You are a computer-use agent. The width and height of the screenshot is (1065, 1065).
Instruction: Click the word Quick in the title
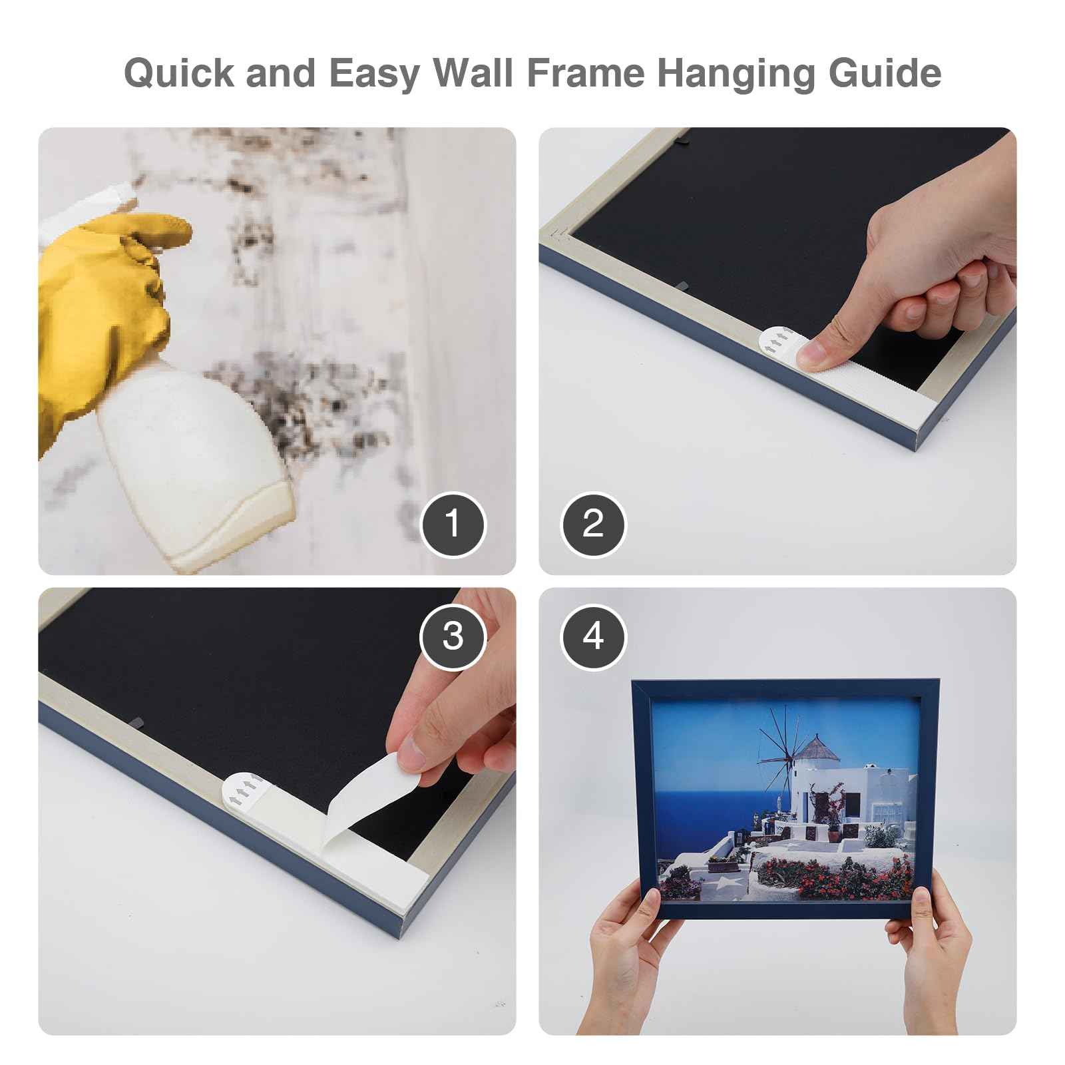click(x=179, y=73)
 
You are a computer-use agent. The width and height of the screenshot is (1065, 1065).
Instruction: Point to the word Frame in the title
click(x=585, y=73)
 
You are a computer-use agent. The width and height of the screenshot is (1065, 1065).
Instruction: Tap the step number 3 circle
click(x=453, y=636)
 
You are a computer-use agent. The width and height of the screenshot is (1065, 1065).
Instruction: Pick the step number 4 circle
click(x=593, y=636)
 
